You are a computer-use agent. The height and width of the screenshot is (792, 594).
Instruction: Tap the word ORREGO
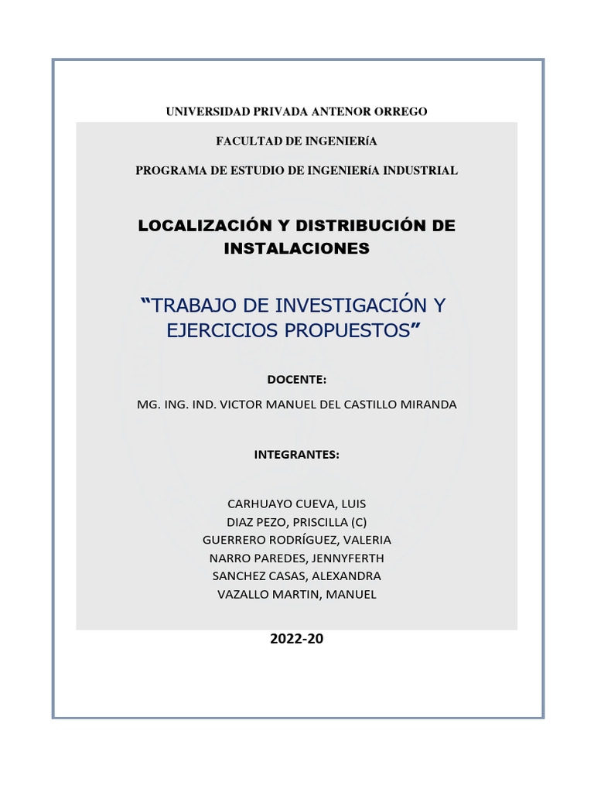[401, 112]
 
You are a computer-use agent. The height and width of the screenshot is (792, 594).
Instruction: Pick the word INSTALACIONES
[296, 249]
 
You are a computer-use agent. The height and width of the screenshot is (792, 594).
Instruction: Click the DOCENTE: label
[296, 379]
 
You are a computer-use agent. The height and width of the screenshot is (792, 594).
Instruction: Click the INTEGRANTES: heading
[296, 455]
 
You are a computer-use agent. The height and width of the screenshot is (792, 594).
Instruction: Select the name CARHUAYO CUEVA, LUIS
[296, 503]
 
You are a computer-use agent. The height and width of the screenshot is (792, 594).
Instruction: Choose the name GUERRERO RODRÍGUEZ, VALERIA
[296, 539]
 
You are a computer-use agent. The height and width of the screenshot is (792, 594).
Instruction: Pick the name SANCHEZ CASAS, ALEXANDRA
[296, 576]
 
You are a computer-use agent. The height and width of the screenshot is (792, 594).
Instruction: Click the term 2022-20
[296, 639]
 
